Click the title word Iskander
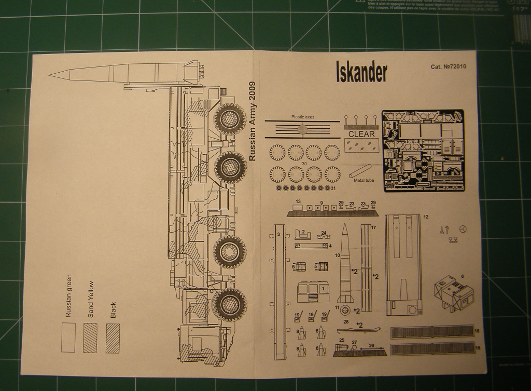pyautogui.click(x=361, y=73)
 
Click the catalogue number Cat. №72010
pyautogui.click(x=448, y=66)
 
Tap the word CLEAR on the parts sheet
pyautogui.click(x=361, y=133)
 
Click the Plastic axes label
pyautogui.click(x=302, y=117)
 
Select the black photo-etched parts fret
pyautogui.click(x=423, y=150)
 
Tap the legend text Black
pyautogui.click(x=113, y=310)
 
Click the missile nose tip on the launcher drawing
pyautogui.click(x=50, y=76)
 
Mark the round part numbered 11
pyautogui.click(x=346, y=310)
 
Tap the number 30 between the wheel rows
pyautogui.click(x=305, y=164)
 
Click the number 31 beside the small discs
pyautogui.click(x=333, y=188)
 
